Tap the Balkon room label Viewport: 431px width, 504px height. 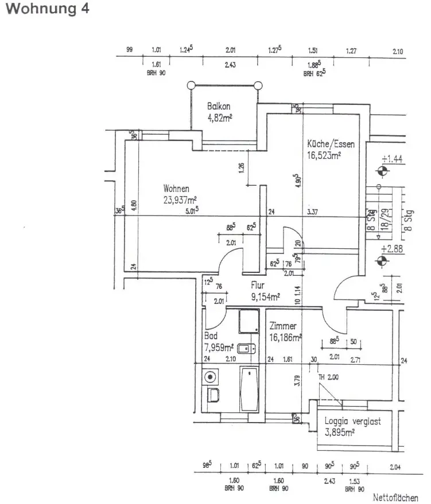click(219, 107)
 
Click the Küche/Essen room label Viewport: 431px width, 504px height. click(331, 144)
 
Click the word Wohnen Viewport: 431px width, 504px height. click(176, 188)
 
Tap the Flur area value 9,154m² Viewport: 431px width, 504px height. click(265, 296)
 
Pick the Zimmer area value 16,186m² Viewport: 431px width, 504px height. click(285, 339)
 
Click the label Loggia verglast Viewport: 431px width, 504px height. click(352, 421)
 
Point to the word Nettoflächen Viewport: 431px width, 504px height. click(395, 497)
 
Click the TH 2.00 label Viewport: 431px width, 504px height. click(329, 378)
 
